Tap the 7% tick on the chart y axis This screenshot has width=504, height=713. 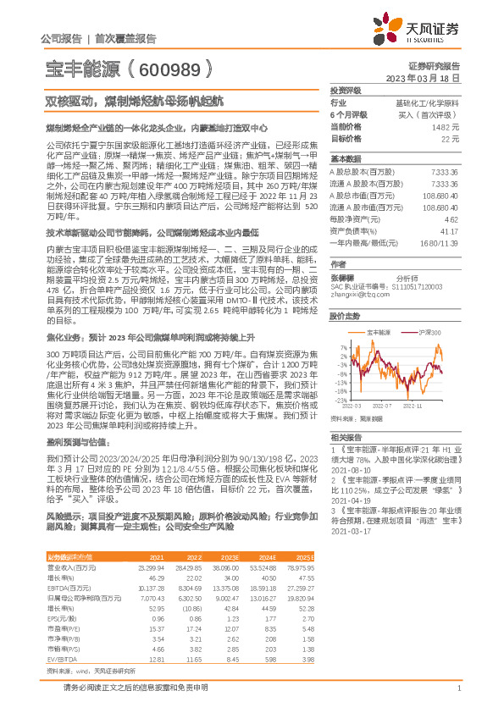pyautogui.click(x=342, y=346)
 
